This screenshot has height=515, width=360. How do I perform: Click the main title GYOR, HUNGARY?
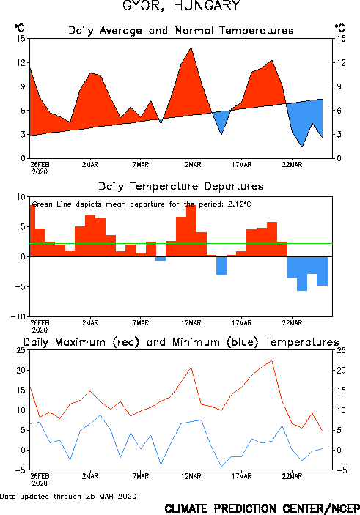(x=181, y=6)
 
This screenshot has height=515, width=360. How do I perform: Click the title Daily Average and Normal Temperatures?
(x=181, y=31)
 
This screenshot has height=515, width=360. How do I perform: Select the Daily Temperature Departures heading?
(x=181, y=186)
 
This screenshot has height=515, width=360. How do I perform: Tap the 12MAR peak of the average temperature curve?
(x=191, y=48)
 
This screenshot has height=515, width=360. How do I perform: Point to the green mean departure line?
(x=181, y=244)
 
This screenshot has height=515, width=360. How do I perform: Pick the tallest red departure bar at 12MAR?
(x=191, y=231)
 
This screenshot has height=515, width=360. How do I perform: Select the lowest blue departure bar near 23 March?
(x=302, y=273)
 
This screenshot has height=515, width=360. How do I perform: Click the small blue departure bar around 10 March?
(x=161, y=259)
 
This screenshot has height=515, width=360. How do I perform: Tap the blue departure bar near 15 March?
(x=221, y=266)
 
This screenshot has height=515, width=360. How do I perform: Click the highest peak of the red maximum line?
(x=271, y=360)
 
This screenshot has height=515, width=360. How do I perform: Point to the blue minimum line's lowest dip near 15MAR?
(x=221, y=466)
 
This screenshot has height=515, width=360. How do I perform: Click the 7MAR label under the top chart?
(x=141, y=165)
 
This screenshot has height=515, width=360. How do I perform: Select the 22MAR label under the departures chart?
(x=292, y=323)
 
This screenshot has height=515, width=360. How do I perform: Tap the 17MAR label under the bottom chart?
(x=242, y=476)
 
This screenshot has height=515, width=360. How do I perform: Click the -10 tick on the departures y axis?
(x=18, y=317)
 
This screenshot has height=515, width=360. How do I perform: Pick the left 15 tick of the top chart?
(x=21, y=39)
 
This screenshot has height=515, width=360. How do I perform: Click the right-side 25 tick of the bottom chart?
(x=341, y=350)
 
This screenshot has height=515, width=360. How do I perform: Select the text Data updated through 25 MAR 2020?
(x=68, y=496)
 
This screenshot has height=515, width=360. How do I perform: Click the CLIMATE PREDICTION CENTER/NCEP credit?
(x=262, y=508)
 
